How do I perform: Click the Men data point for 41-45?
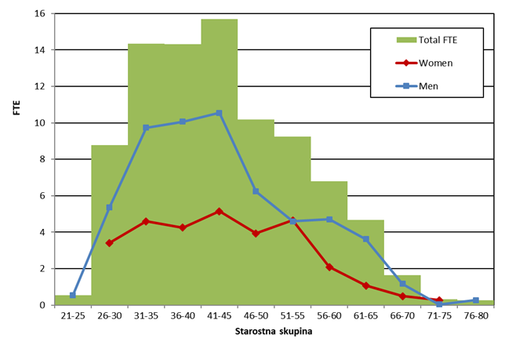pos(219,113)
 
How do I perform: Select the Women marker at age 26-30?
pos(110,243)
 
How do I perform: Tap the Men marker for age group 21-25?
pos(73,295)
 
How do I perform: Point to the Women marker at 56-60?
pos(329,267)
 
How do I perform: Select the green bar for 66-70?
pos(402,289)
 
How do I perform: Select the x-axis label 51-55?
pos(292,315)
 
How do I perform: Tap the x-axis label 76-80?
pos(475,315)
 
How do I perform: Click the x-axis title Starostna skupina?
pos(274,333)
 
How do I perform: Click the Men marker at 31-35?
pos(146,127)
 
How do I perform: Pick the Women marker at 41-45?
pos(219,211)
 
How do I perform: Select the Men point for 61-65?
pos(365,239)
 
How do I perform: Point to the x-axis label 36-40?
pos(182,315)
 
